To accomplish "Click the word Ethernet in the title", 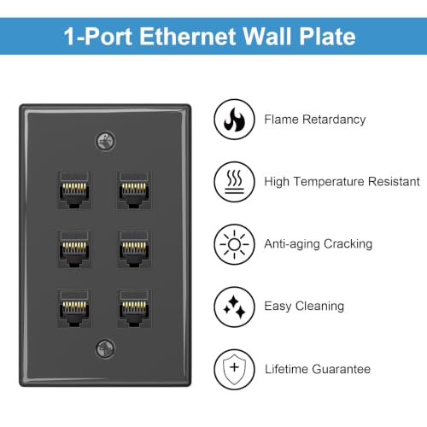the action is pos(188,37).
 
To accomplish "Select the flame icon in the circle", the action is pos(234,120).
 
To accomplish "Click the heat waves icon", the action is pos(234,182).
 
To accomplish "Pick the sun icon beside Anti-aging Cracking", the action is pos(234,244).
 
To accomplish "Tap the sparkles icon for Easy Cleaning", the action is pos(234,307).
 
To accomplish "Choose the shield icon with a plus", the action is pos(234,369).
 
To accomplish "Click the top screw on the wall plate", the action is pos(105,141).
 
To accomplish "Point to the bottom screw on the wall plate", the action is pos(105,349).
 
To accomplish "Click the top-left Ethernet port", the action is pos(74,190).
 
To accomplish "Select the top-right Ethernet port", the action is pos(134,190).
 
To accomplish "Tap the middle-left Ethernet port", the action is pos(74,249).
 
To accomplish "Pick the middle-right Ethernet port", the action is pos(134,249).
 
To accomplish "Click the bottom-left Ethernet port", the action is pos(74,308).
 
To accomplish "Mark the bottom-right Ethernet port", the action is pos(134,308).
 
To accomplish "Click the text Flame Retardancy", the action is pos(315,120).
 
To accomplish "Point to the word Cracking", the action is pos(348,244).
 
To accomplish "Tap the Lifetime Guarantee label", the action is pos(318,369).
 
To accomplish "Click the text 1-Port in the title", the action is pos(97,37).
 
